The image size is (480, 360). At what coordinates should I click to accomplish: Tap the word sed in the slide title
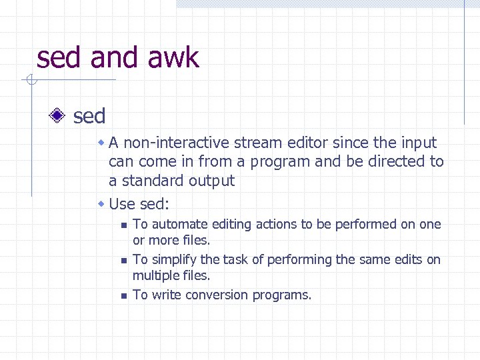tap(59, 58)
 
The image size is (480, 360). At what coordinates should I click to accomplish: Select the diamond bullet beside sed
tap(58, 116)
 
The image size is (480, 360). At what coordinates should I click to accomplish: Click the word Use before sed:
tap(122, 203)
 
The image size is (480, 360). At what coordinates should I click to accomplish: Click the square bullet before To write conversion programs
tap(123, 295)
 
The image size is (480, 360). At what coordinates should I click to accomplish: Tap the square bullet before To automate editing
tap(123, 225)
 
